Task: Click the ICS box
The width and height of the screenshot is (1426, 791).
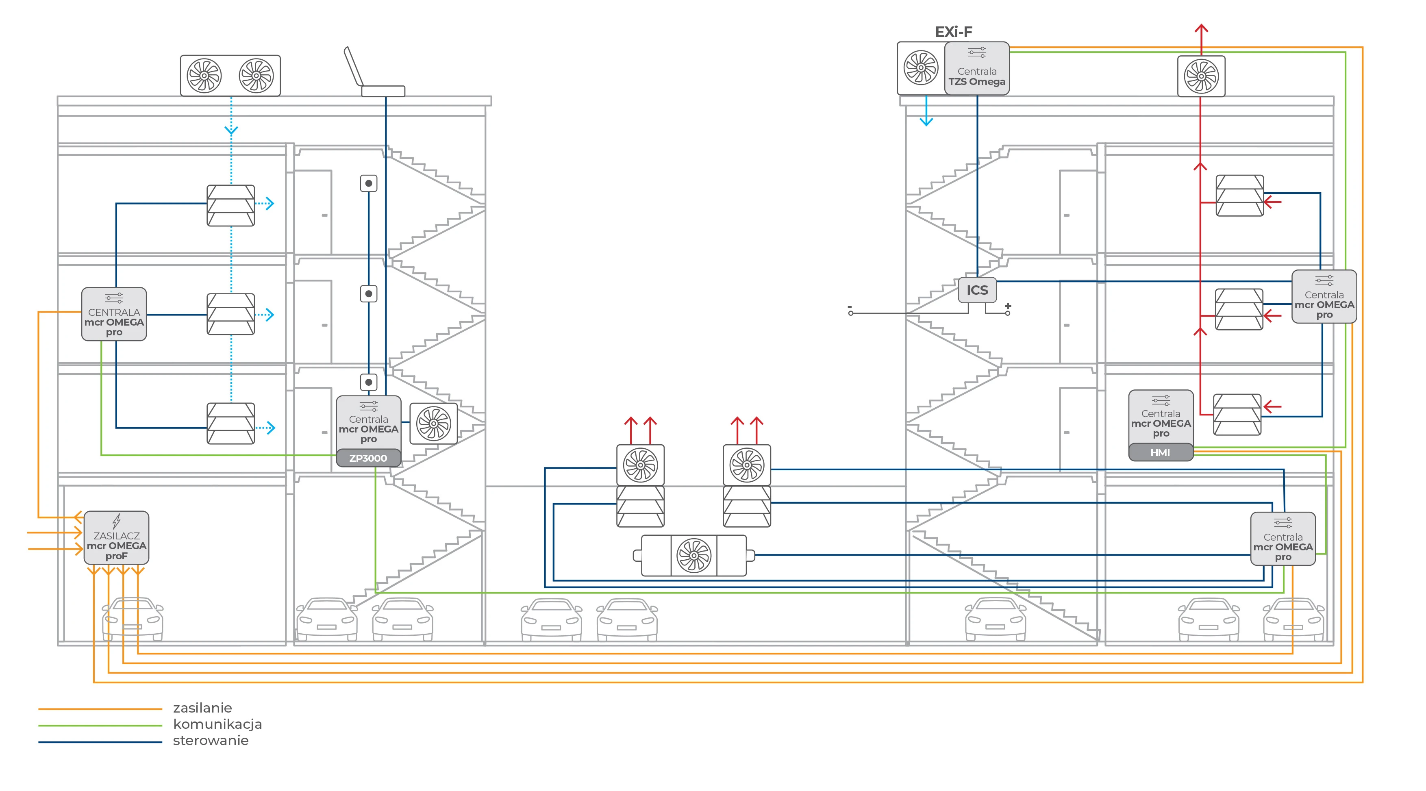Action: (x=977, y=290)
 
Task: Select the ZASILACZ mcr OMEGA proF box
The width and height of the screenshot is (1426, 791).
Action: (x=116, y=537)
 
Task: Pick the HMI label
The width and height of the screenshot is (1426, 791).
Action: (x=1160, y=453)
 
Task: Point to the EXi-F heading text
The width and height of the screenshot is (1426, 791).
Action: (x=953, y=32)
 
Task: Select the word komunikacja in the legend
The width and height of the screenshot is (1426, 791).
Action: (x=217, y=724)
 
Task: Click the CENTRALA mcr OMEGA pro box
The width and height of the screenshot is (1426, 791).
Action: (x=114, y=314)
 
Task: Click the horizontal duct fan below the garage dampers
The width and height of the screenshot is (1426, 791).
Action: (x=693, y=555)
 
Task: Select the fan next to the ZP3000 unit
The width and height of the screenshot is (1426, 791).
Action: (x=433, y=424)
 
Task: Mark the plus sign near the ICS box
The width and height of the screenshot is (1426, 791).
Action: (x=1008, y=306)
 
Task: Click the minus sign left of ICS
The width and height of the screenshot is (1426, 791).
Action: (x=850, y=306)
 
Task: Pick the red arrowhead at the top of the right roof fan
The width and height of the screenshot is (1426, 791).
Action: (x=1201, y=28)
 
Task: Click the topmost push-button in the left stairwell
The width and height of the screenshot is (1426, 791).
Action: (x=369, y=183)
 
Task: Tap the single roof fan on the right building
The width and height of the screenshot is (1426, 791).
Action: (x=1201, y=76)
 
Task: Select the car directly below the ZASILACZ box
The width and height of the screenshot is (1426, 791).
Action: (x=133, y=618)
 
